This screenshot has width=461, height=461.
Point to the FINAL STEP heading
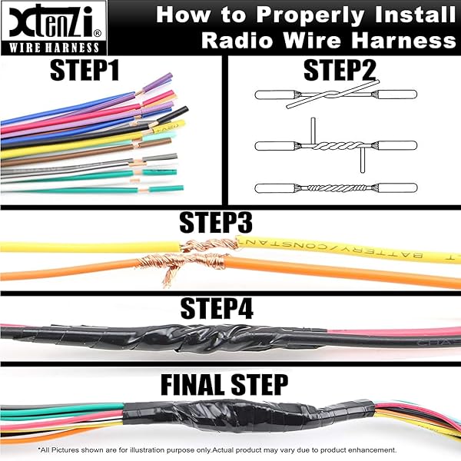pyautogui.click(x=223, y=383)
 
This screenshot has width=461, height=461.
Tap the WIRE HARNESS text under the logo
pyautogui.click(x=48, y=45)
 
